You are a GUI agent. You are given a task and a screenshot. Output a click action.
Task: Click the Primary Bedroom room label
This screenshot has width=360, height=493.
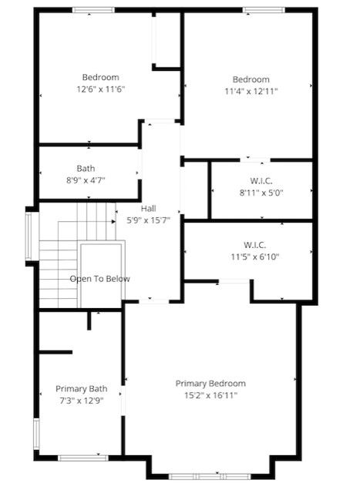coord(210,384)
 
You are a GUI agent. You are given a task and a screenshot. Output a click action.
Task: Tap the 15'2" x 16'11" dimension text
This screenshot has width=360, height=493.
coord(210,395)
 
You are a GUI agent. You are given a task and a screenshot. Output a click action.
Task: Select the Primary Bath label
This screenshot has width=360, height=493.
coord(82,389)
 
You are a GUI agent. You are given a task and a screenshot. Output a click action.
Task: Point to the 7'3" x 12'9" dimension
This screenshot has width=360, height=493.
coord(82,401)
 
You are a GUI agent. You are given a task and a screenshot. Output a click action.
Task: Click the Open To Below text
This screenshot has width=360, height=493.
coord(99,279)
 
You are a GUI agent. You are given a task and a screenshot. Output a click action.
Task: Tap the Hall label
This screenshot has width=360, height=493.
coord(148,209)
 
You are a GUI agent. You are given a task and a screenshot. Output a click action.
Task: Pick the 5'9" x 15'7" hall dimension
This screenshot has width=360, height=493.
coord(148,220)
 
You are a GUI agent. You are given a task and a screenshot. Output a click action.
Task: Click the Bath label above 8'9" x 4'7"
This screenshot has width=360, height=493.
coord(86,169)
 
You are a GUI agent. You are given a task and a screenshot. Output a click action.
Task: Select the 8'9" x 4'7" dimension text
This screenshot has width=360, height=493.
coord(86,180)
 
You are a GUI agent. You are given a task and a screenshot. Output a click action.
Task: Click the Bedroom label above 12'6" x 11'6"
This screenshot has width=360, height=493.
coord(101,77)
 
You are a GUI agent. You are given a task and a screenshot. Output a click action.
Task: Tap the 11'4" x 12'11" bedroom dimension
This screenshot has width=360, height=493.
coord(251,92)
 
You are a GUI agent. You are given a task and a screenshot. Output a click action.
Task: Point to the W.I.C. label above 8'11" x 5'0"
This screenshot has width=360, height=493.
coord(261,181)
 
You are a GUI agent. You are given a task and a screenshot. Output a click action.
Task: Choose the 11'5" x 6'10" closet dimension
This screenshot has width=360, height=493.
coord(255,257)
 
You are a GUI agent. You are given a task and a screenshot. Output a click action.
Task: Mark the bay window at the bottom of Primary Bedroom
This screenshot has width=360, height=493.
coord(210,477)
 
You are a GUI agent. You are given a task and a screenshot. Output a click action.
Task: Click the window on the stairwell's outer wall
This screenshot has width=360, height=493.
coord(29,236)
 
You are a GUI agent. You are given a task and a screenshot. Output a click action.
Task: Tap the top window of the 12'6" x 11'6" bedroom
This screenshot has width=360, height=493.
coord(93,10)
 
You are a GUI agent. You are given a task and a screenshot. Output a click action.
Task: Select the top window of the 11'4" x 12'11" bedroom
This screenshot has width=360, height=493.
coord(264,10)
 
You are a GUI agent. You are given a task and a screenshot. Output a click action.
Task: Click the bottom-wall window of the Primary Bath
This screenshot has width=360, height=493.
coord(83,458)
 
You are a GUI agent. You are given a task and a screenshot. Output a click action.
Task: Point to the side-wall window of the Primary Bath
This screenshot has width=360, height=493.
coord(36,434)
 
